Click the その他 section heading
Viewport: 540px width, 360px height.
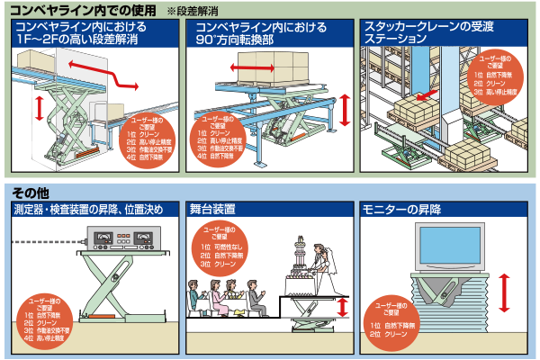[31, 192]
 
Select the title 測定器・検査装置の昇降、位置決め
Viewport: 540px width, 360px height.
[88, 211]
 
